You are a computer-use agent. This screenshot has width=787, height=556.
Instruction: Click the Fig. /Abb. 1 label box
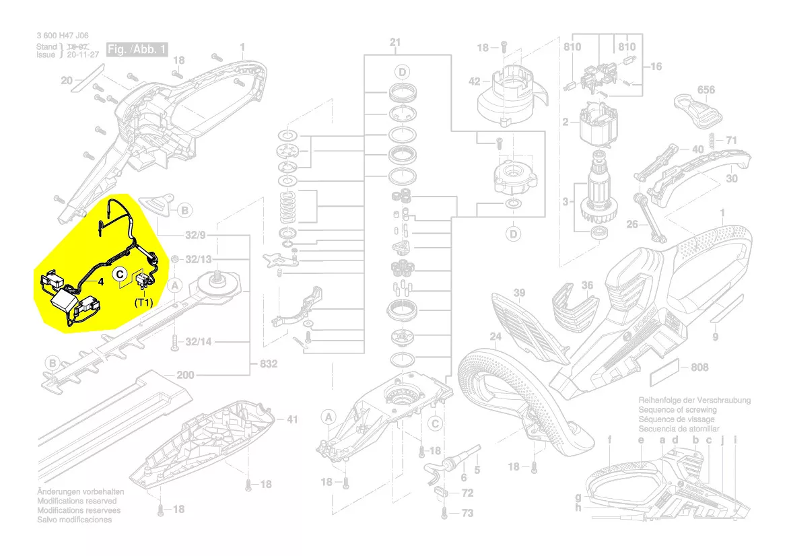point(137,50)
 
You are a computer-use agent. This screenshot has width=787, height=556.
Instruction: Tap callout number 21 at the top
point(395,42)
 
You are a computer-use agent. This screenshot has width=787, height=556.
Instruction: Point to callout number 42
point(475,81)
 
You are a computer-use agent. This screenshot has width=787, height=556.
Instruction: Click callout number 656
point(706,90)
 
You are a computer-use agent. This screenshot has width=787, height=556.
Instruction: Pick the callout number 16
point(656,67)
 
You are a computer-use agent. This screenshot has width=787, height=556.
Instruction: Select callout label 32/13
point(198,259)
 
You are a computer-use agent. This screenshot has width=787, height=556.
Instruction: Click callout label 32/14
point(198,342)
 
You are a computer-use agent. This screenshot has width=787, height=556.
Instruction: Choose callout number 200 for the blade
point(185,375)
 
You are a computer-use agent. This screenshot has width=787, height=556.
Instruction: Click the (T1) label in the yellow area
point(143,302)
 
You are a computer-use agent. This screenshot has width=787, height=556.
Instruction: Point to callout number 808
point(699,368)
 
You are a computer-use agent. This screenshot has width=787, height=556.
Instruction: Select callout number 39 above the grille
point(518,293)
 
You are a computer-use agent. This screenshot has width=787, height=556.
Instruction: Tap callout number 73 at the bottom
point(467,513)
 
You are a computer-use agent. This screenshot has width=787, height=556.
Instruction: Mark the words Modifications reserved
point(77,501)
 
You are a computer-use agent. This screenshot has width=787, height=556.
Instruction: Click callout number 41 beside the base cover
point(291,419)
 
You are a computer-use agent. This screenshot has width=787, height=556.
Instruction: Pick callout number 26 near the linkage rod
point(632,224)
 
